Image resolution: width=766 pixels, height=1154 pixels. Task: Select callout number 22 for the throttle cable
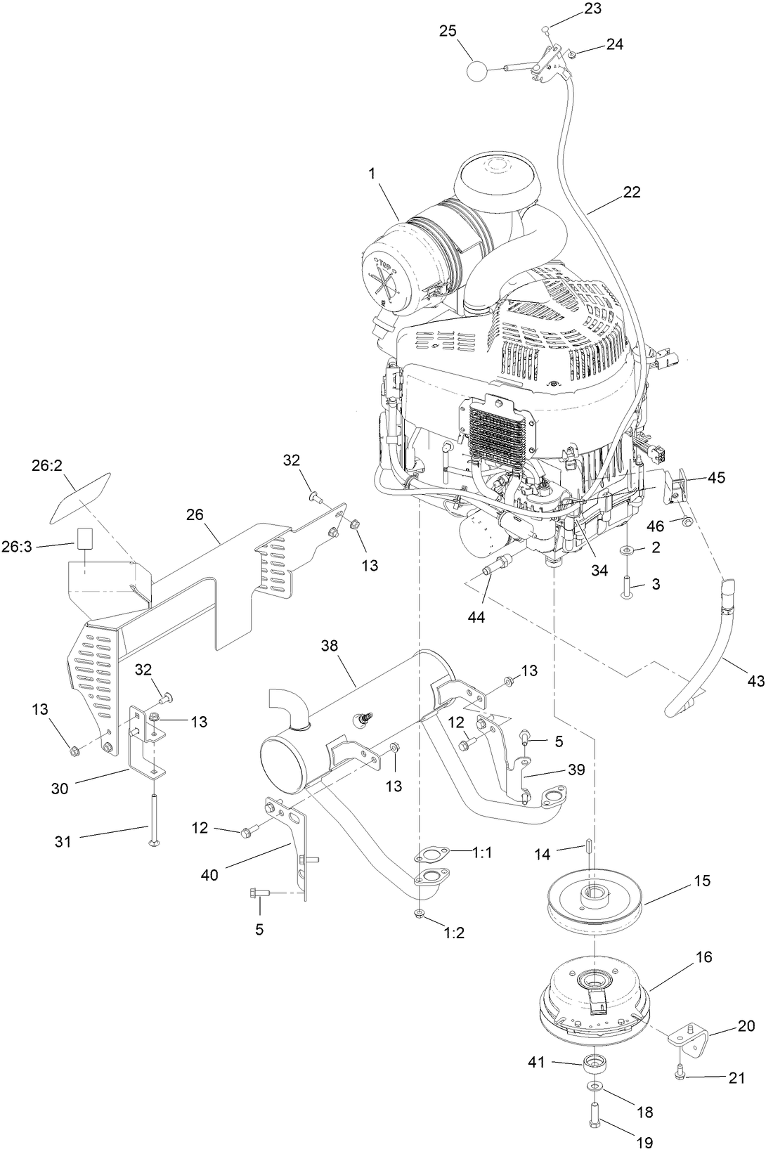pos(631,192)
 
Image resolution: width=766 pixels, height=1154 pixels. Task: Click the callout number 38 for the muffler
pos(330,646)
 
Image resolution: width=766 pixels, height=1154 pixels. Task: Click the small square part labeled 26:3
pos(85,539)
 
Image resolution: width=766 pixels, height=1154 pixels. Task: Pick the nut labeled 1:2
pos(419,913)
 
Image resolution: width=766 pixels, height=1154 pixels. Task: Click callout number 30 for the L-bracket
pos(60,789)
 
